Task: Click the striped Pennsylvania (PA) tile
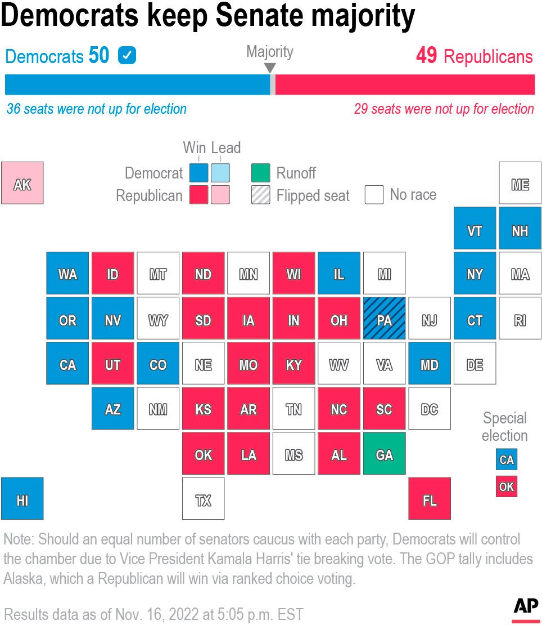384,319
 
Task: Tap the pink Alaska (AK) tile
22,183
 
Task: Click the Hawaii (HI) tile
22,498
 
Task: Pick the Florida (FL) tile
429,498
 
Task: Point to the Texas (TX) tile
203,498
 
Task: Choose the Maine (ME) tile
520,183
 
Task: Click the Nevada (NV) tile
112,319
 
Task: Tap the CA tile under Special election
506,459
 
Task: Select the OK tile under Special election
506,486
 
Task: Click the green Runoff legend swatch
260,173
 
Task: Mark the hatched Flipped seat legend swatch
260,195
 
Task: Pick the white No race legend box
374,195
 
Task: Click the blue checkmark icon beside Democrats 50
127,56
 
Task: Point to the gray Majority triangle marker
270,68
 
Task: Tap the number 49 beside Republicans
427,56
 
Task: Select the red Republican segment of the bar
405,84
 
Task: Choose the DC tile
429,408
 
